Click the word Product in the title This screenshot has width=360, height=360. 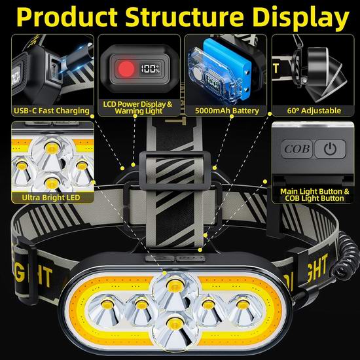[x=67, y=17]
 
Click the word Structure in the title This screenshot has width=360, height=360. [x=184, y=16]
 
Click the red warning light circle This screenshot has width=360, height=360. [x=126, y=69]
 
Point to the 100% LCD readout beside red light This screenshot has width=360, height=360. [x=150, y=69]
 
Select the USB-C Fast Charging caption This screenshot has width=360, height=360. [x=52, y=111]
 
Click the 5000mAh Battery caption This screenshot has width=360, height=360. [x=227, y=111]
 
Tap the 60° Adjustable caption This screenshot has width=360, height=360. [x=314, y=111]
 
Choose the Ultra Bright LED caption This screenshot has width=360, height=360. [x=51, y=198]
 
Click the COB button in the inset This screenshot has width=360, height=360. [x=297, y=149]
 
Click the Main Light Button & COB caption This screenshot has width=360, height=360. [x=314, y=195]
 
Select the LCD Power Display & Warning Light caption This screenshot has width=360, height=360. [x=137, y=107]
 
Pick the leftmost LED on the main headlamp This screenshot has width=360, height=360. [x=106, y=308]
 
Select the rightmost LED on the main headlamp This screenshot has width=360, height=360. [x=243, y=309]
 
